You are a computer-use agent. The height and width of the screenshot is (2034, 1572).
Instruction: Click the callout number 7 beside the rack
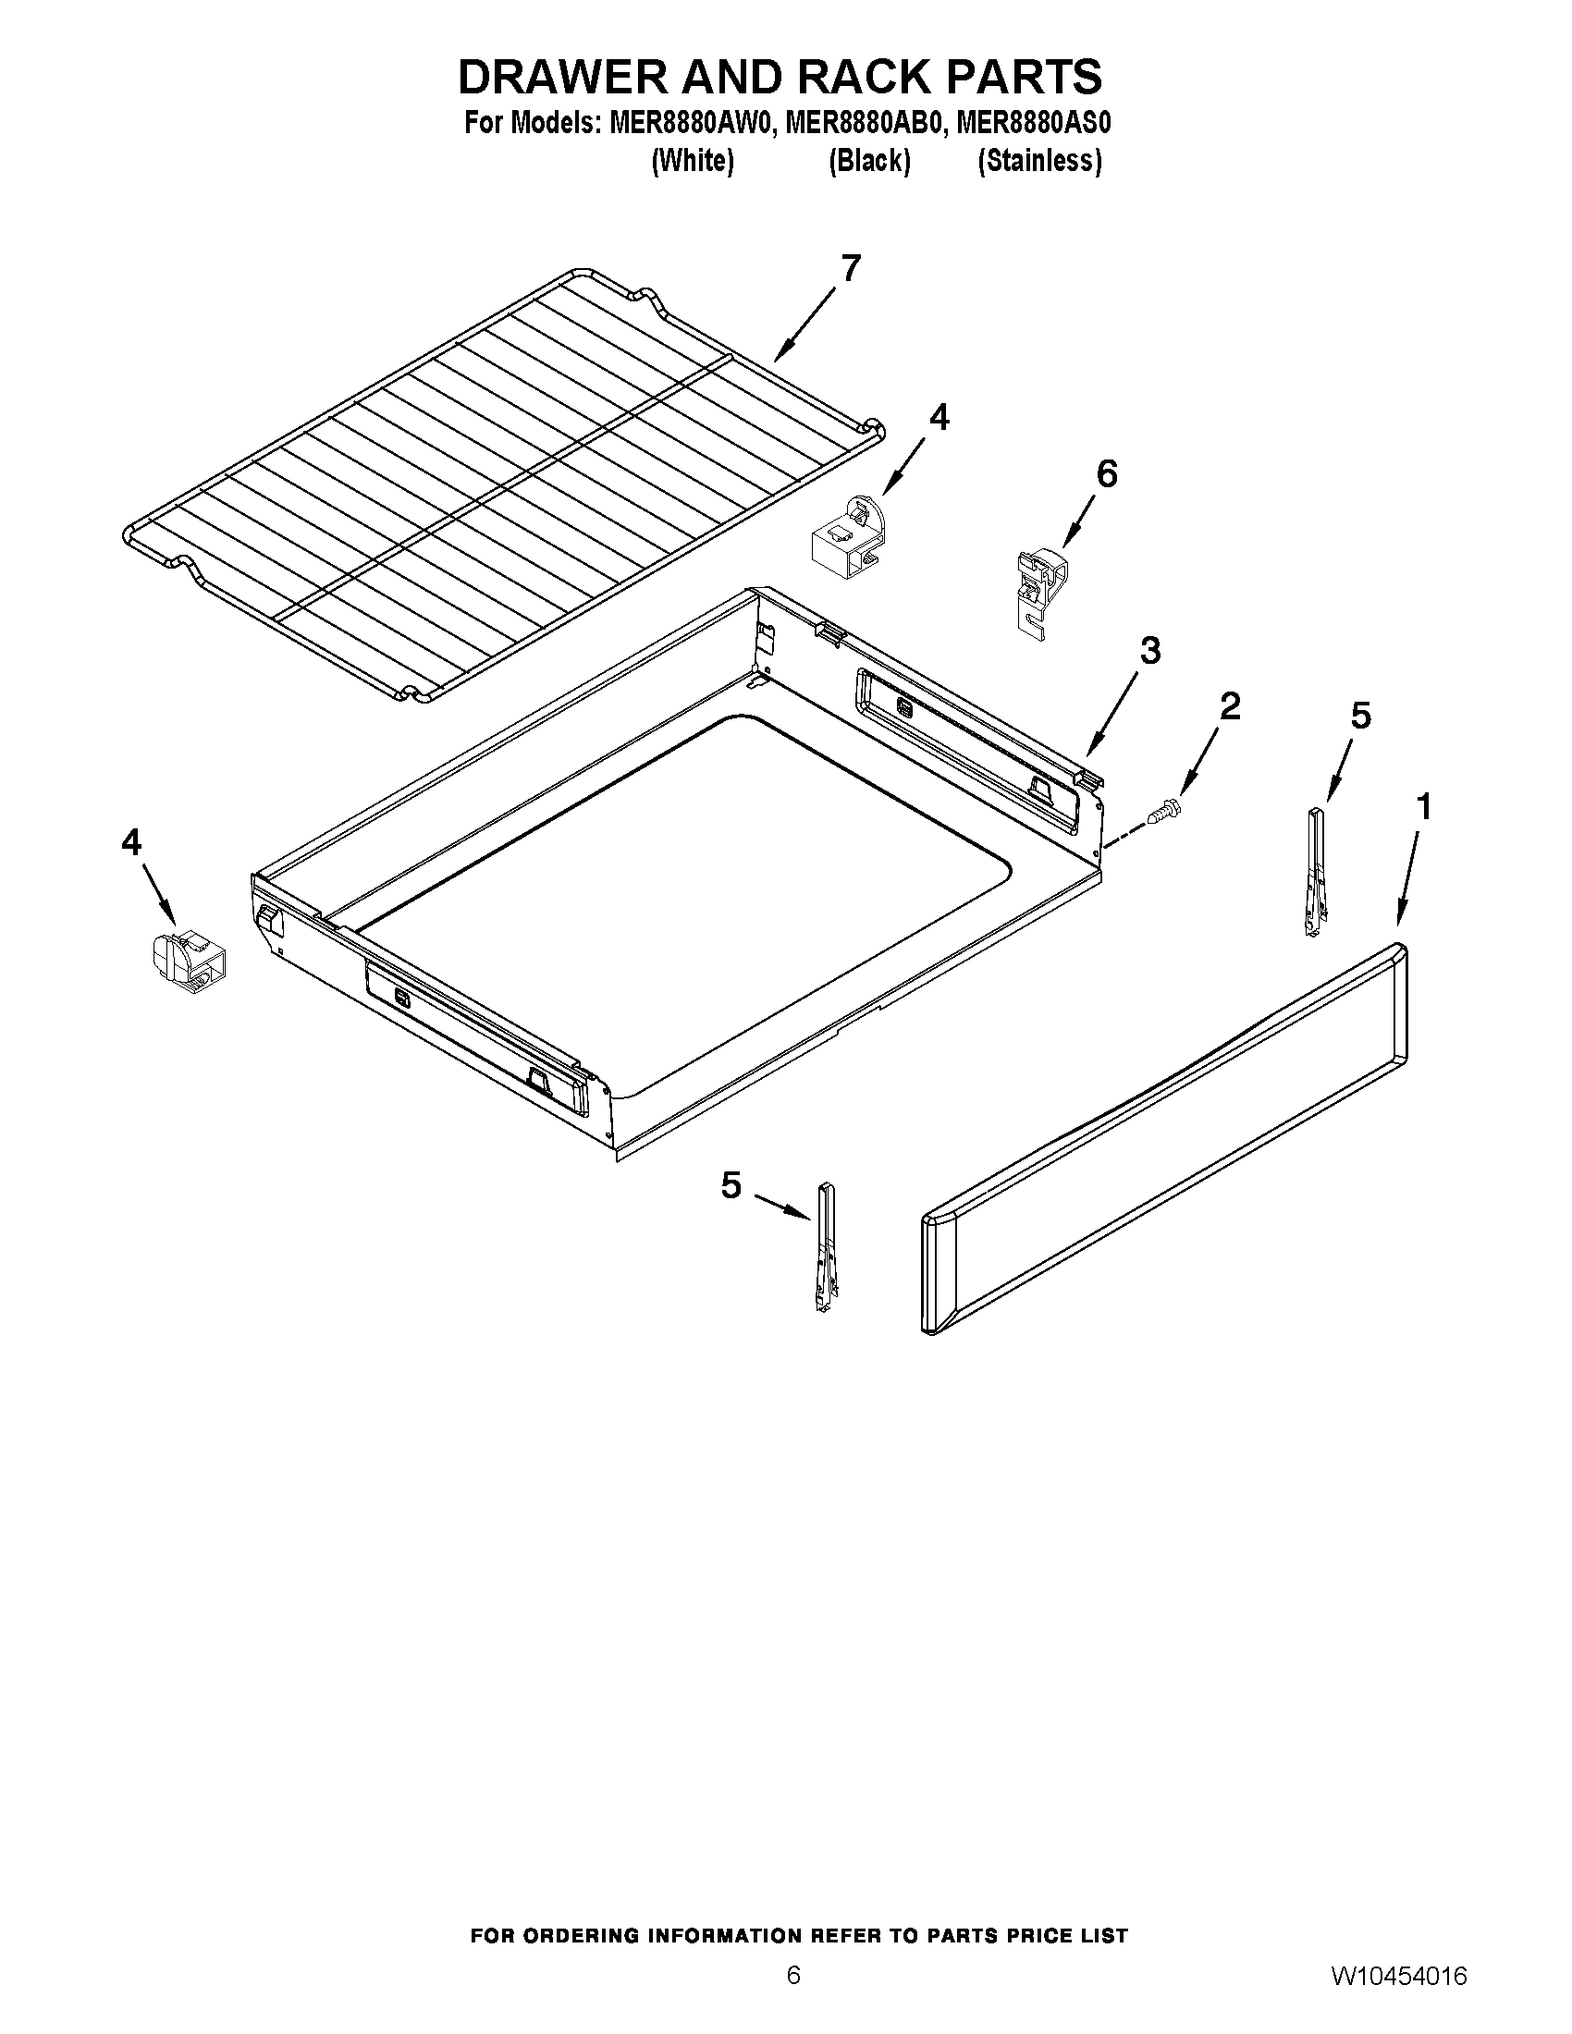coord(850,268)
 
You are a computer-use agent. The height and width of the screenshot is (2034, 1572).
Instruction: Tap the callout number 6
coord(1106,475)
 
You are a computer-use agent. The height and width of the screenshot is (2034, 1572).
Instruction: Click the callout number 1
coord(1423,806)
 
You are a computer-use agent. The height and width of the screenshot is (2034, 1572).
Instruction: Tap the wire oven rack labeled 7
coord(503,484)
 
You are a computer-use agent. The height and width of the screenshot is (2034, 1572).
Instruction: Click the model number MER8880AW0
coord(691,124)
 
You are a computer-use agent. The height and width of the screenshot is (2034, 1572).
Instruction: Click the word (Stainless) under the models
coord(1039,162)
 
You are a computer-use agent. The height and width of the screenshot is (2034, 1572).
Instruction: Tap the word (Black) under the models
coord(869,162)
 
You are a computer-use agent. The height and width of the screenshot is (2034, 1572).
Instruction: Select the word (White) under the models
coord(693,162)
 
